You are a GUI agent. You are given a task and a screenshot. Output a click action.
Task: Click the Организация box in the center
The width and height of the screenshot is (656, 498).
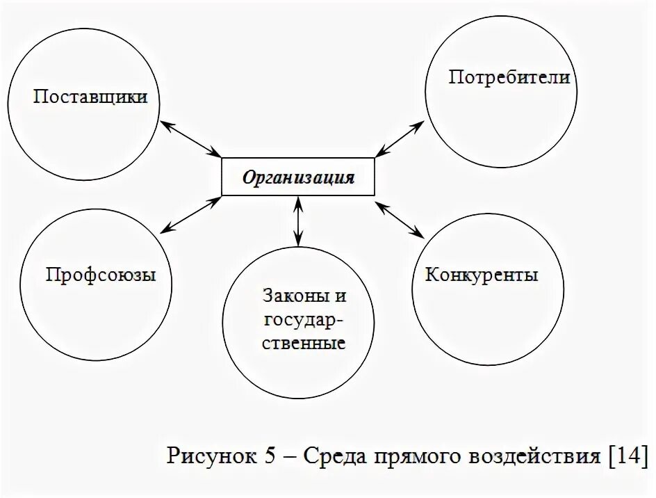tap(298, 177)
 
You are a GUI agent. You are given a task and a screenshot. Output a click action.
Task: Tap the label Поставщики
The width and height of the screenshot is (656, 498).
tap(90, 96)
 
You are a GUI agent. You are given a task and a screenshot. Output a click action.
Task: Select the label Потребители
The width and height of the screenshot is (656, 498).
tap(509, 77)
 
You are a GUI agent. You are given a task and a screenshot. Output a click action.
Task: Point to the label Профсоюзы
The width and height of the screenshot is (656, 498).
tap(101, 274)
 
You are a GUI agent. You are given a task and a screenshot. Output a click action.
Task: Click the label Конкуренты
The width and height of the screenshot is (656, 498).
tap(482, 274)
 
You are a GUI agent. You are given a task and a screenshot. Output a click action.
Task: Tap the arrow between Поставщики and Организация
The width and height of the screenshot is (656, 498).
tap(190, 138)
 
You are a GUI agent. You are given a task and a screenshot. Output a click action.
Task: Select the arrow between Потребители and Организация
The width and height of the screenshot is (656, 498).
tap(398, 138)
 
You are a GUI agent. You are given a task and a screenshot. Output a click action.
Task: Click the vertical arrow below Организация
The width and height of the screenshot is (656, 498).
tap(298, 221)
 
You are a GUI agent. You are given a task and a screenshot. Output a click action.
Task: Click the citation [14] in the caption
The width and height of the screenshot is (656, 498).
tap(627, 456)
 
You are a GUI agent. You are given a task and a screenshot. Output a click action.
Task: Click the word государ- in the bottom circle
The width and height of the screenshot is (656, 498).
tap(300, 319)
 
